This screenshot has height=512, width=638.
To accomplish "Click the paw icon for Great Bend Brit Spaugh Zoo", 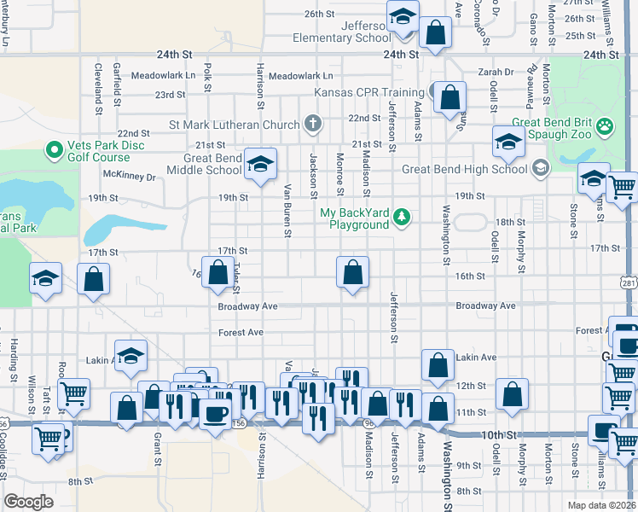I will [x=606, y=126].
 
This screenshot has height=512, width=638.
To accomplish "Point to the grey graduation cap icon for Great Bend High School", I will [x=539, y=169].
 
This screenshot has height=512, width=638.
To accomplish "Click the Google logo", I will [x=28, y=502].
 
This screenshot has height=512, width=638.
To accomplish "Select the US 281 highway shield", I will [x=629, y=281].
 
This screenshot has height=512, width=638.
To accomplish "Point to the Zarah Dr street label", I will [x=496, y=73].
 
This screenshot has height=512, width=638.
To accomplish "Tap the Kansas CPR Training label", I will [x=368, y=92].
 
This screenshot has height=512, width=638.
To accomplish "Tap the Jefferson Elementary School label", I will [x=341, y=32].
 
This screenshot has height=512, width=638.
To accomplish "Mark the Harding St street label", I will [x=14, y=359].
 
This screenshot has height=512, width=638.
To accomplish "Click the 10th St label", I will [x=498, y=434].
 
